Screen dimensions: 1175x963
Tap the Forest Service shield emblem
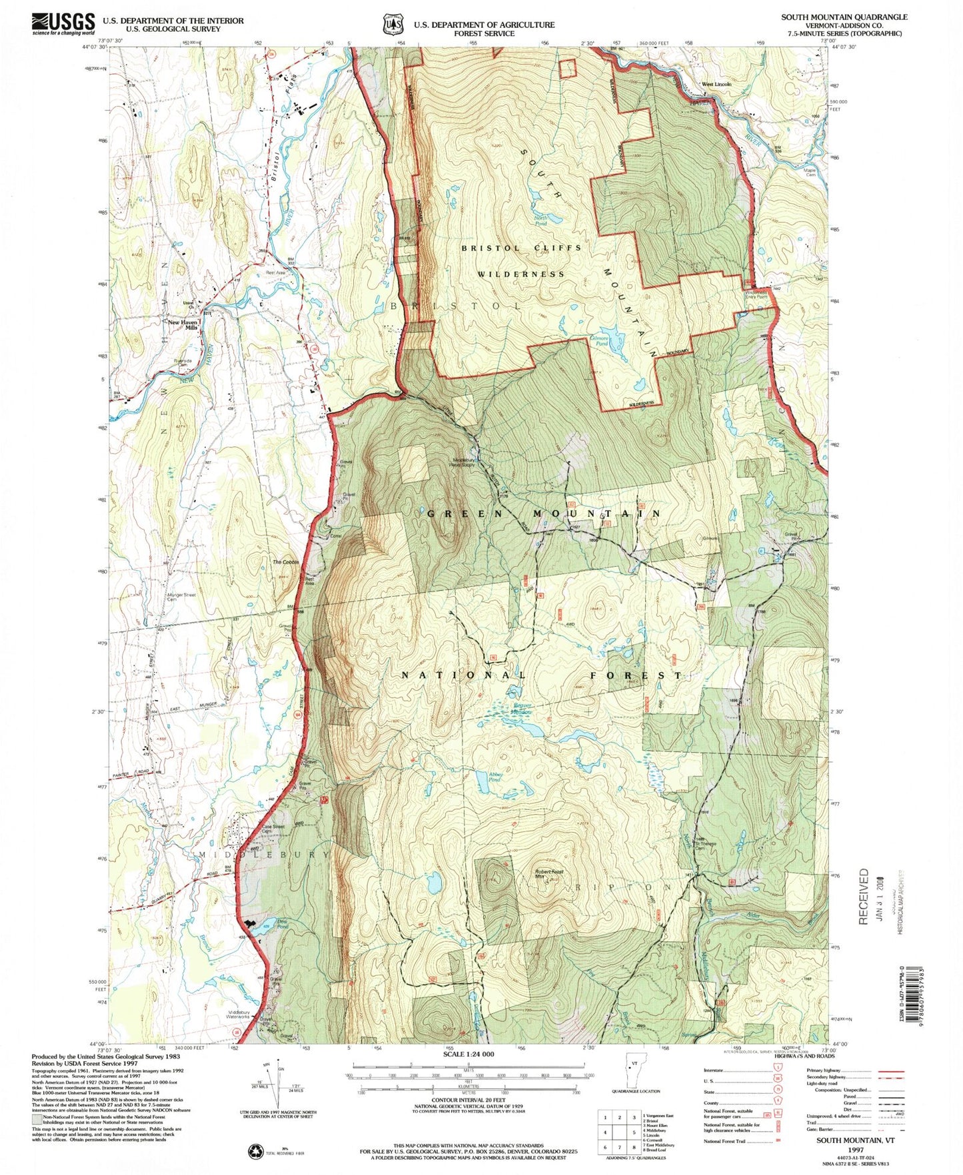(393, 25)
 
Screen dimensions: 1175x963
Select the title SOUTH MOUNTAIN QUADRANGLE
(844, 17)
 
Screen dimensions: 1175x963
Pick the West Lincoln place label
(716, 85)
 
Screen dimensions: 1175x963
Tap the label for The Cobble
(286, 562)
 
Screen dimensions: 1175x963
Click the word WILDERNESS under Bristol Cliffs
(521, 274)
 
